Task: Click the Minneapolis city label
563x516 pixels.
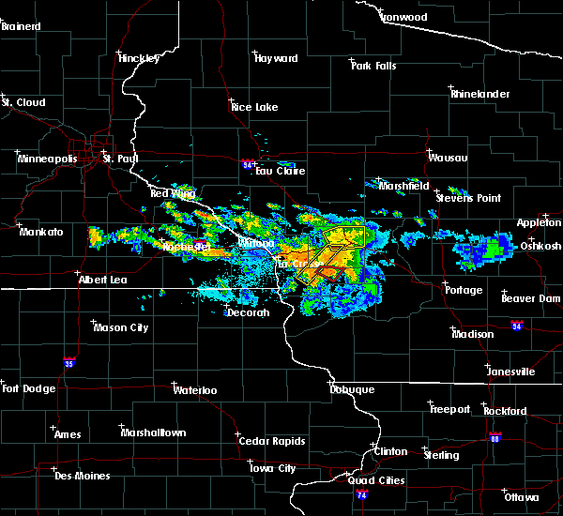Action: coord(47,159)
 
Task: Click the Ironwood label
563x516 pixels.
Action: coord(403,17)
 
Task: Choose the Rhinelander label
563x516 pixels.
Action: coord(480,94)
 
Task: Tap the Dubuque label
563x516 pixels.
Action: coord(352,389)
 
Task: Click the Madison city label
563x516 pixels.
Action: coord(472,334)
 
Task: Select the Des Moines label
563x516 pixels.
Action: coord(82,476)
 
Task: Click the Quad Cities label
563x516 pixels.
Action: coord(373,480)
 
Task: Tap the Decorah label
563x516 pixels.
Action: coord(248,312)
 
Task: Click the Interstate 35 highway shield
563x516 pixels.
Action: coord(68,361)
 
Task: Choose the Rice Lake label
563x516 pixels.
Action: coord(255,107)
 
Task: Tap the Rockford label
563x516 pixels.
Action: coord(505,411)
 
